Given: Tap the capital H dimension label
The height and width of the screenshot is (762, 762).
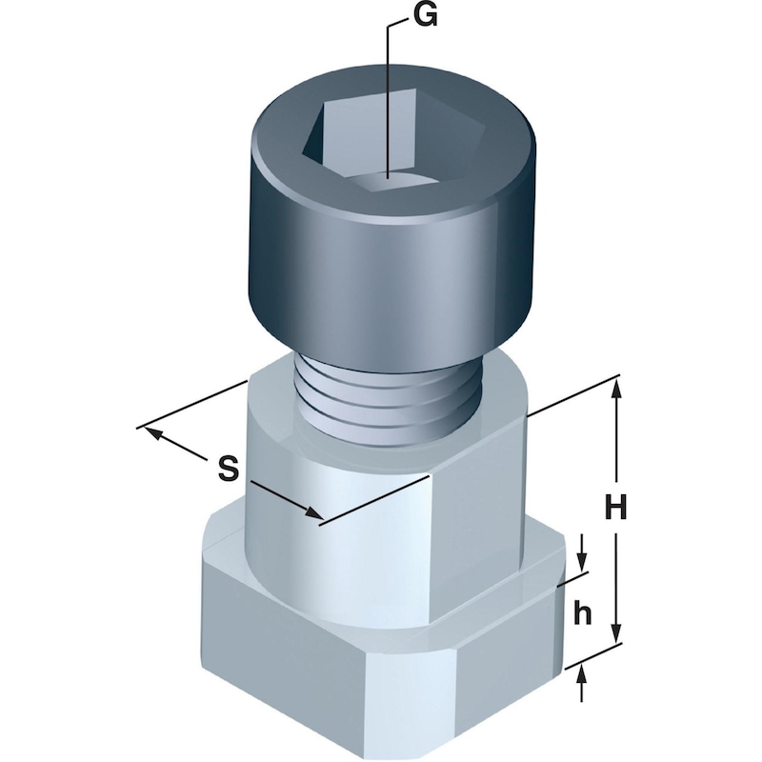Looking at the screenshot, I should [617, 509].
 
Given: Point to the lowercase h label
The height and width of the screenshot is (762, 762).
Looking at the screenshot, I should [584, 614].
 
